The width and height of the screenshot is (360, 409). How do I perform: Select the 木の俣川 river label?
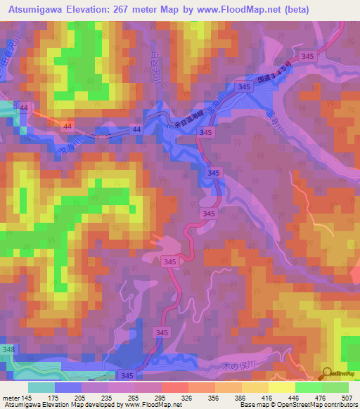point(218,365)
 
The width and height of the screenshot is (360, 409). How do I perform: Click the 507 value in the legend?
point(343,397)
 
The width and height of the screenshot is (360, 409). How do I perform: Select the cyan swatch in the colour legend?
point(41,387)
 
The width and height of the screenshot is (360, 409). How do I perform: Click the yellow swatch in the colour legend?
point(281,387)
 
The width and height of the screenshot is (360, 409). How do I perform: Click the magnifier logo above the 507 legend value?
point(327,374)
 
